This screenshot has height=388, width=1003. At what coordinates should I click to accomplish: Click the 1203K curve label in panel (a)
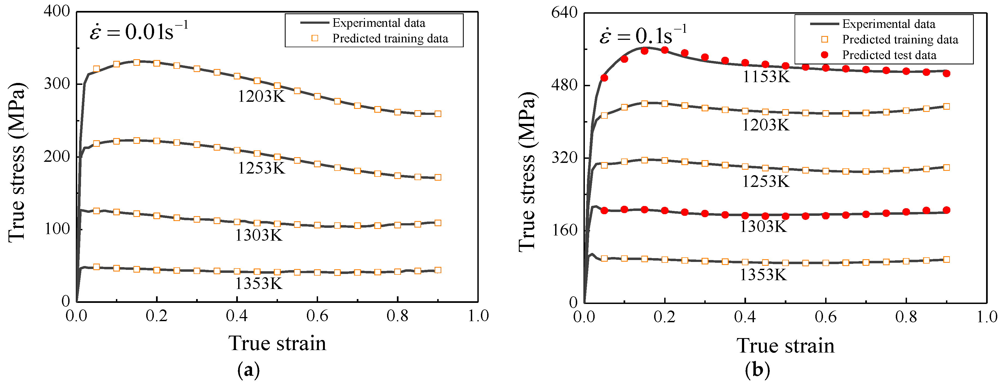click(261, 97)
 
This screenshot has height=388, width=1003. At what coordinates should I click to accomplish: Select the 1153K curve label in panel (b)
click(766, 77)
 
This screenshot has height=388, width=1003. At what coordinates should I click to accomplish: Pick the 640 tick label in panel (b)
click(564, 13)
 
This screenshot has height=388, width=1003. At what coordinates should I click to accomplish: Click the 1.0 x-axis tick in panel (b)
click(986, 317)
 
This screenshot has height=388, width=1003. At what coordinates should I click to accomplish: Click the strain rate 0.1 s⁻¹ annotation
click(642, 36)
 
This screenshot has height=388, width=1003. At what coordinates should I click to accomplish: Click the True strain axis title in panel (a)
click(277, 344)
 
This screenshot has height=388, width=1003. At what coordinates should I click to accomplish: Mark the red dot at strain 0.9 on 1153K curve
click(946, 73)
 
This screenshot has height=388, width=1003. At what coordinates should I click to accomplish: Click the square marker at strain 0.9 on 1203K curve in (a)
click(438, 114)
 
